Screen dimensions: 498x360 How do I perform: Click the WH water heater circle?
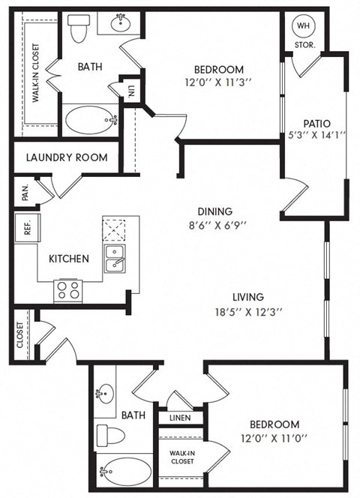click(x=304, y=26)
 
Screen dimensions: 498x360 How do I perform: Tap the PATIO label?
click(x=313, y=124)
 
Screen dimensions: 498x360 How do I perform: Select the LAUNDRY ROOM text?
click(x=66, y=157)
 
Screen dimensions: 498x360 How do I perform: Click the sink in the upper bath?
click(x=121, y=23)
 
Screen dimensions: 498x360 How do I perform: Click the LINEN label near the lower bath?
click(x=179, y=418)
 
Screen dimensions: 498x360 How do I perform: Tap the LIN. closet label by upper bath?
click(x=131, y=89)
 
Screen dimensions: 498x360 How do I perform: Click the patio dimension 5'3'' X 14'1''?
click(x=313, y=136)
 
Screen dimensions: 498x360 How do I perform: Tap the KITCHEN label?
click(x=69, y=259)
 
